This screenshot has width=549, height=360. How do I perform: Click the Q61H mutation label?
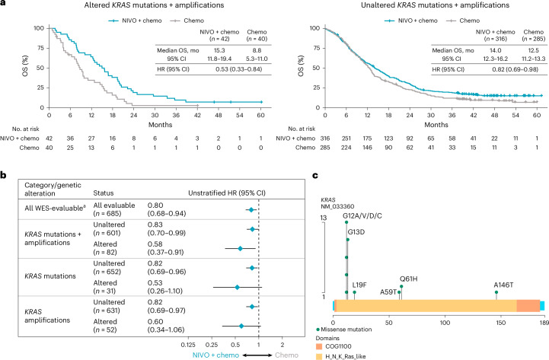(x=407, y=279)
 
